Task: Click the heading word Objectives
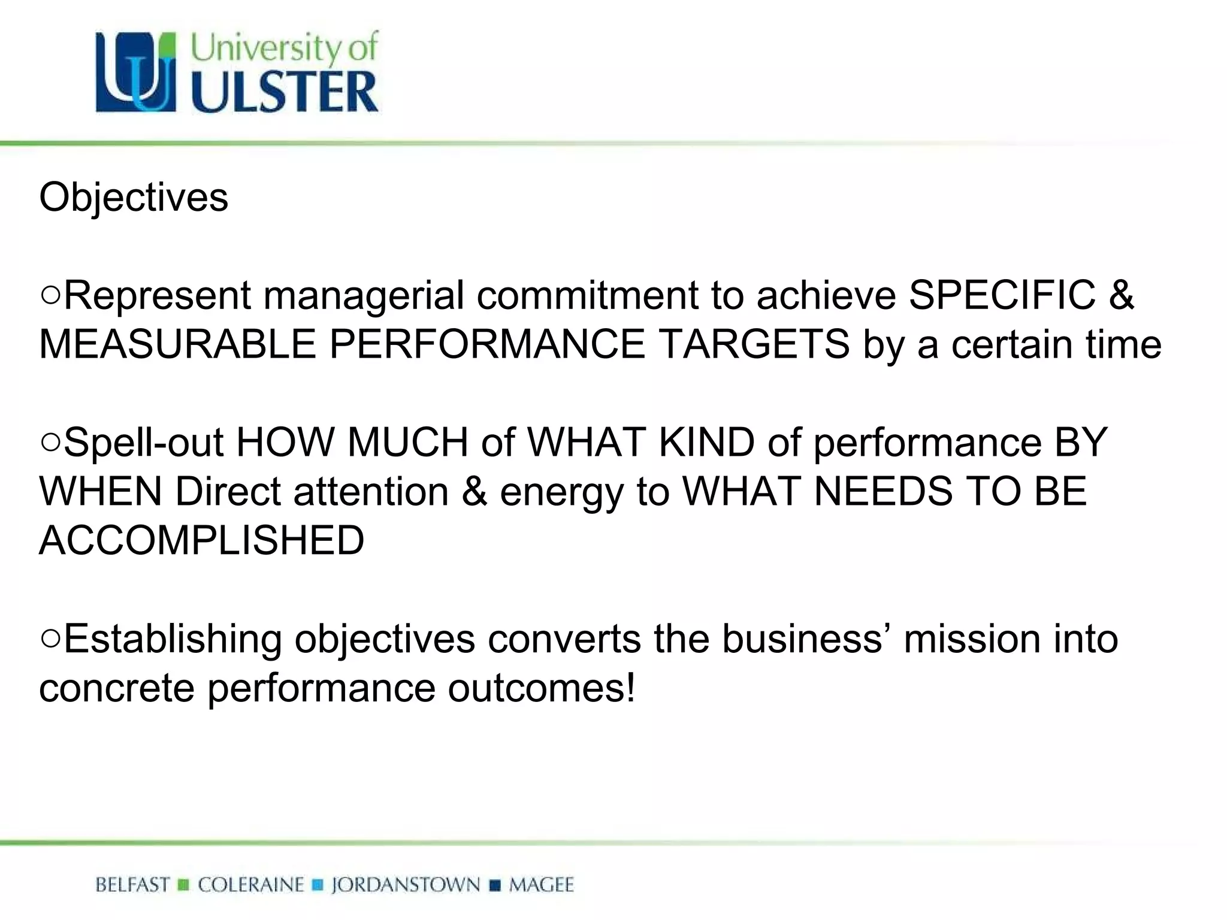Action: [134, 197]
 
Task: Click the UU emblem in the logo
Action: [136, 72]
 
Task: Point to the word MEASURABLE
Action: [177, 344]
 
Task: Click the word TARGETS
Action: [754, 344]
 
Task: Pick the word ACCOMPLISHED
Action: [202, 540]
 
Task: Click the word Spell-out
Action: [143, 442]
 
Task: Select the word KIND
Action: [707, 442]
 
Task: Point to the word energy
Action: [562, 492]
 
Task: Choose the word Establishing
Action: [173, 638]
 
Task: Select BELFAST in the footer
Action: [132, 885]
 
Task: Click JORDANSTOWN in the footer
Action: [406, 885]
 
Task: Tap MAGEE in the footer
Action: [541, 885]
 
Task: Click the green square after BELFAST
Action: [184, 885]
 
